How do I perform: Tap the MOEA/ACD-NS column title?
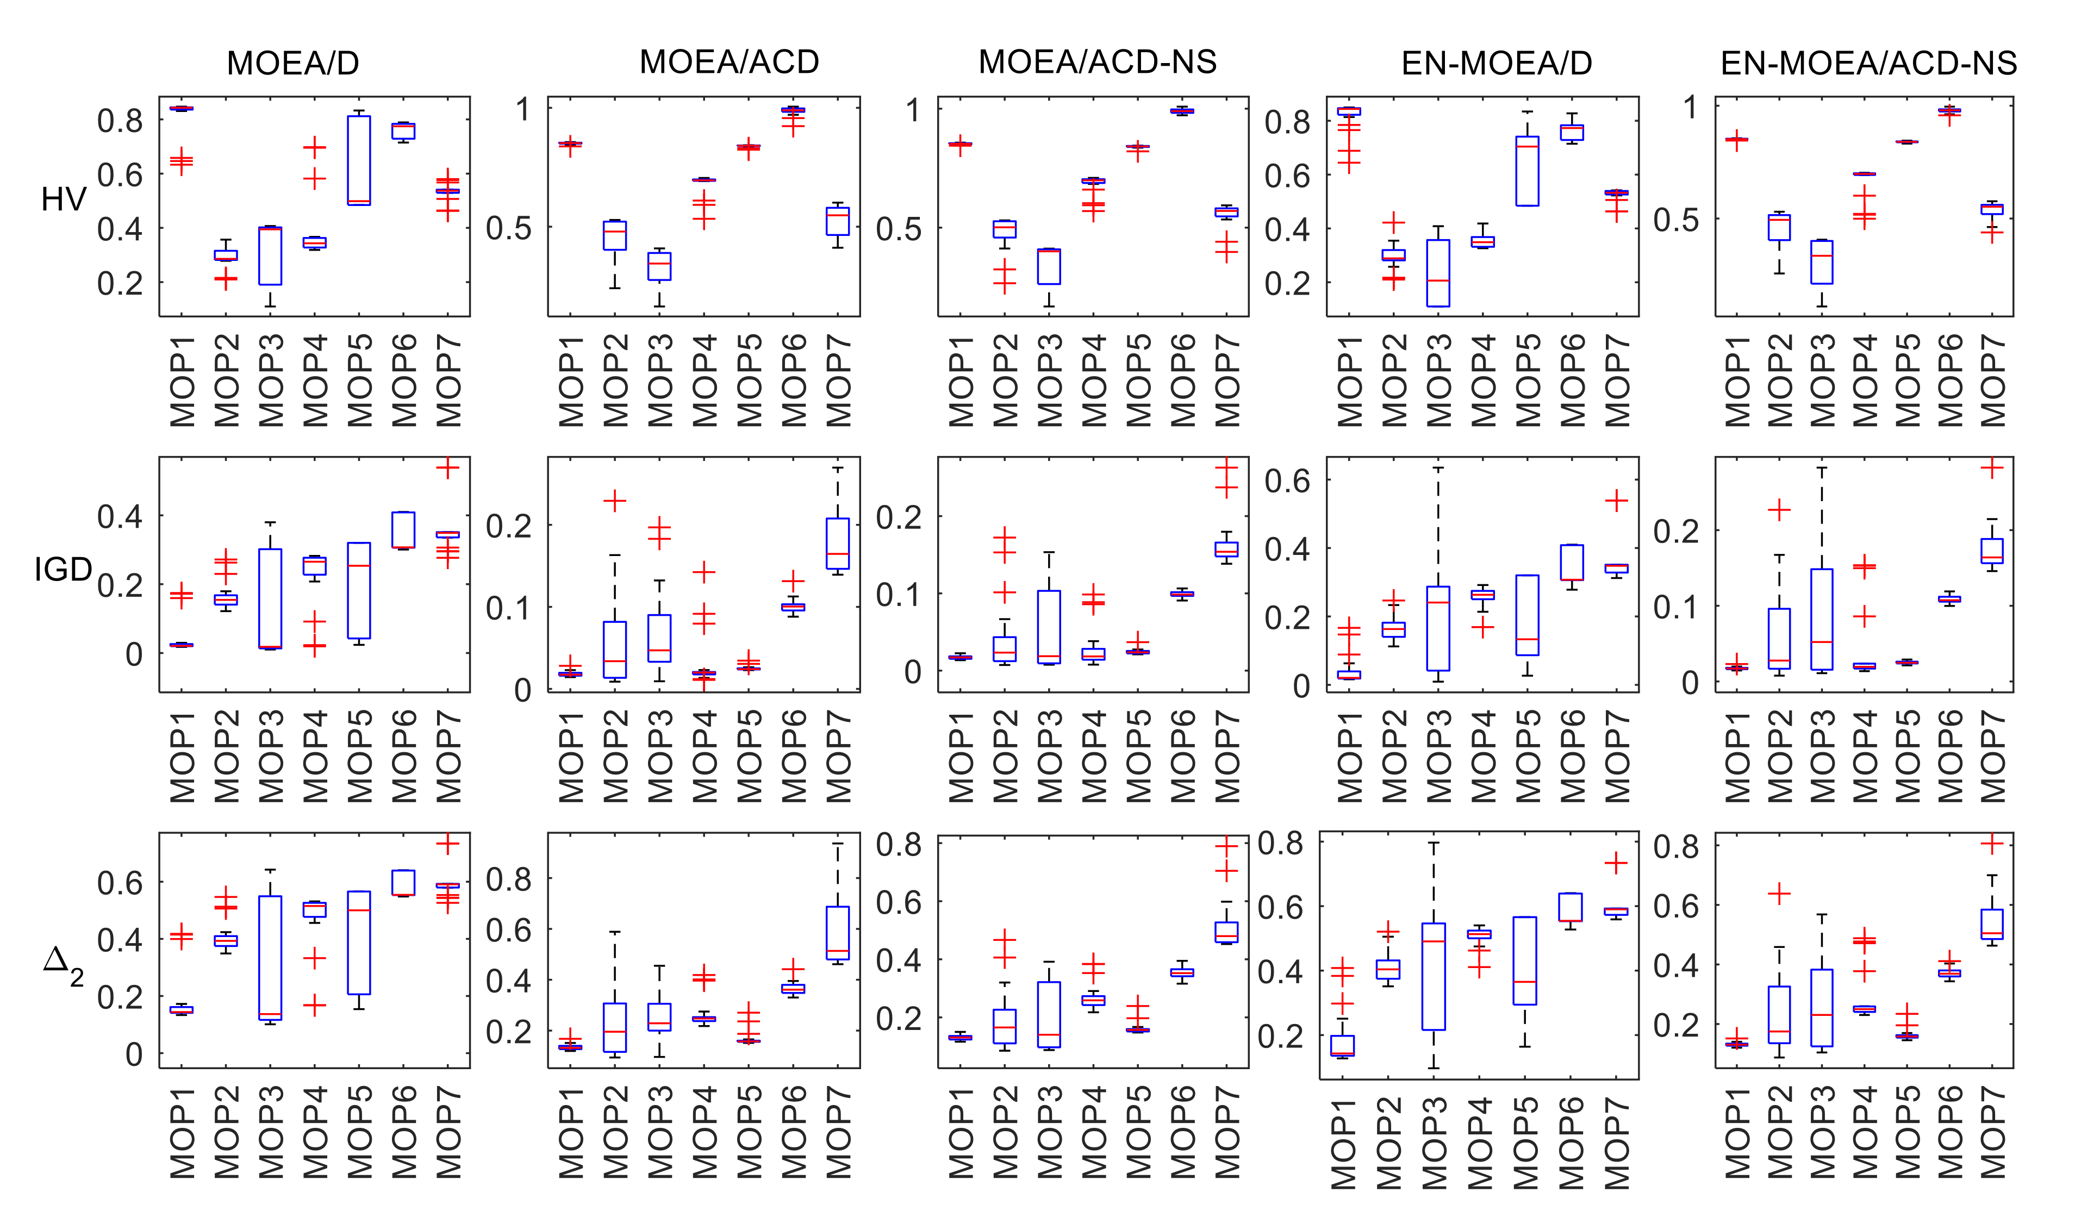click(x=1097, y=63)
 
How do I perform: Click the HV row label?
click(x=64, y=199)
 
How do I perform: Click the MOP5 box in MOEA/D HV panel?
click(x=358, y=160)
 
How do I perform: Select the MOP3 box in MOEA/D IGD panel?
click(x=270, y=598)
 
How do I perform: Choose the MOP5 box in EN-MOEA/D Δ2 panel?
click(x=1526, y=961)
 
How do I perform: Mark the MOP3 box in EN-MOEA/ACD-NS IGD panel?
click(x=1821, y=619)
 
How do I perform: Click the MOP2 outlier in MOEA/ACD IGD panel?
click(x=614, y=501)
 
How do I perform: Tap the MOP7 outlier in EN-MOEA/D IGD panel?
click(x=1616, y=501)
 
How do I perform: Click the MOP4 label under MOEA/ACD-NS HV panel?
click(x=1093, y=380)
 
